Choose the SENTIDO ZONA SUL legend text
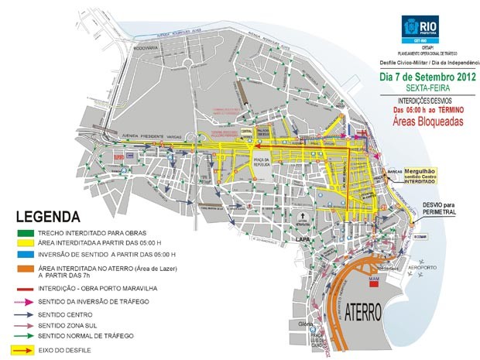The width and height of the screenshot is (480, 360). [69, 326]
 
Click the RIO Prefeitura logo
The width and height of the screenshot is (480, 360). [420, 29]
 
